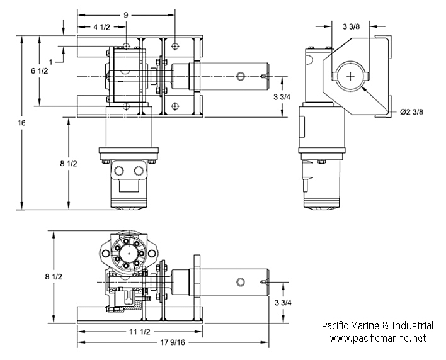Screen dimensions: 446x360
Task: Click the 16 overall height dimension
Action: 21,123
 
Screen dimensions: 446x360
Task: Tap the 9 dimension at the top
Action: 126,15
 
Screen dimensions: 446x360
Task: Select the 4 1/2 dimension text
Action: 101,27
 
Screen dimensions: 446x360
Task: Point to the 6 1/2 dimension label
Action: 40,70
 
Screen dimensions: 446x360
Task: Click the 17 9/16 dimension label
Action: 173,342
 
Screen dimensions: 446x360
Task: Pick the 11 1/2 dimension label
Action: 140,332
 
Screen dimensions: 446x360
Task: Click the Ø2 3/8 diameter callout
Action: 411,111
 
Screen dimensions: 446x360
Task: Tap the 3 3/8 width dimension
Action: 351,26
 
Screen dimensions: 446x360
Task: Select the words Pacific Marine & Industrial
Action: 377,325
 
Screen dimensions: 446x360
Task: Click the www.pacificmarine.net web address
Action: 378,338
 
